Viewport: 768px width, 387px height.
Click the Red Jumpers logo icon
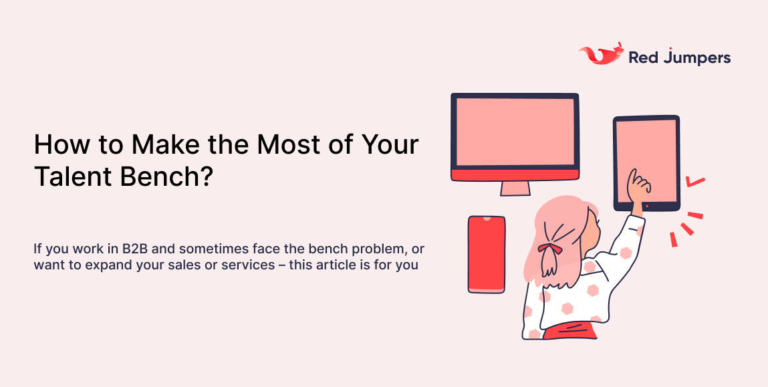point(600,55)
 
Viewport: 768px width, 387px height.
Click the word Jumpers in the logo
point(697,58)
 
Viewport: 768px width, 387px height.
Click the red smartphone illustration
point(486,254)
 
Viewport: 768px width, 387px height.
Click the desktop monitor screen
point(514,131)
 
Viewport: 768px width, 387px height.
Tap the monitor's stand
point(515,188)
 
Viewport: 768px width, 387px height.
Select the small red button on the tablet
point(646,205)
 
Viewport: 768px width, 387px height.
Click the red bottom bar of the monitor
point(514,174)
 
